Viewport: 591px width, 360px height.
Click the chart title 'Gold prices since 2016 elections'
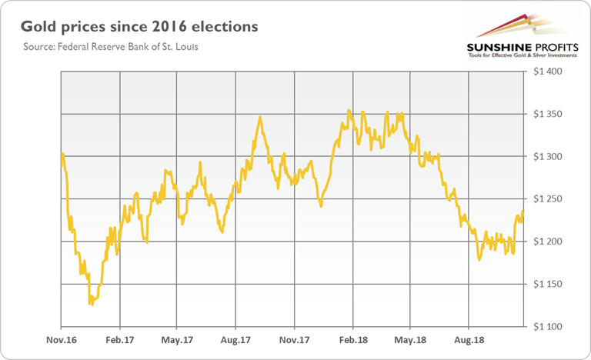click(139, 28)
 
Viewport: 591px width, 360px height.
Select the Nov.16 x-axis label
click(61, 338)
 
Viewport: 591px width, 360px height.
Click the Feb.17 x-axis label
click(119, 338)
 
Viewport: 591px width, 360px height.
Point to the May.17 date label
click(177, 338)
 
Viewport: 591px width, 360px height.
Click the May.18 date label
click(410, 338)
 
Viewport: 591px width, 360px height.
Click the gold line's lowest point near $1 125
click(90, 305)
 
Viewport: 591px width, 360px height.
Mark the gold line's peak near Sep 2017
click(260, 118)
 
